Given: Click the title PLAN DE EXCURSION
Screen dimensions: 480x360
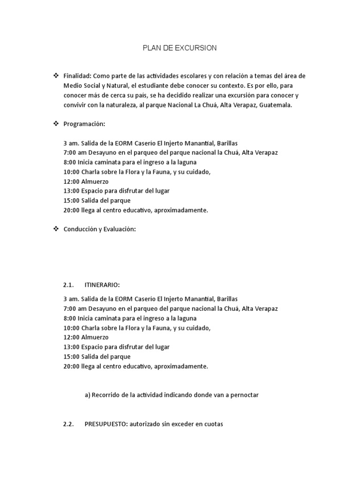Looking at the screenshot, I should pyautogui.click(x=180, y=48).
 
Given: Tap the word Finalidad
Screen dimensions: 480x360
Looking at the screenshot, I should pyautogui.click(x=77, y=76).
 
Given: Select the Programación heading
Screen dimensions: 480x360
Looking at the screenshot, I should pyautogui.click(x=84, y=124).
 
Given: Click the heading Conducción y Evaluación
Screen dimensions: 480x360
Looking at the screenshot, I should pyautogui.click(x=99, y=229).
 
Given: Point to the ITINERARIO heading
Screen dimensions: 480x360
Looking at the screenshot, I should pyautogui.click(x=102, y=285).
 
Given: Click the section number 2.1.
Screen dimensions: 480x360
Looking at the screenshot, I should pyautogui.click(x=69, y=285).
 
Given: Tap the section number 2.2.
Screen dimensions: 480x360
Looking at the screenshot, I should pyautogui.click(x=69, y=425).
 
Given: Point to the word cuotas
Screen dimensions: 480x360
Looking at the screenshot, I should pyautogui.click(x=213, y=425).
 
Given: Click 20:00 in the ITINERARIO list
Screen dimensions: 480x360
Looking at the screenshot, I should pyautogui.click(x=71, y=367).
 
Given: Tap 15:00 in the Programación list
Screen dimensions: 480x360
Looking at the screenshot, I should pyautogui.click(x=71, y=201).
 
